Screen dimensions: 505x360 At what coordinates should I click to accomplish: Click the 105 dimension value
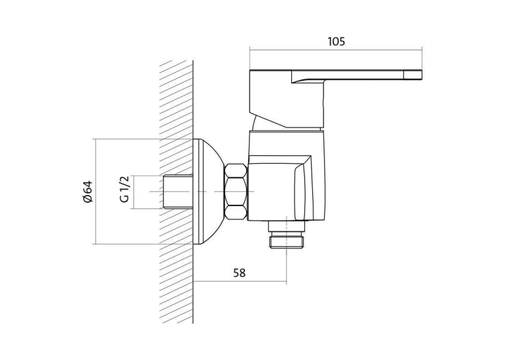pos(336,42)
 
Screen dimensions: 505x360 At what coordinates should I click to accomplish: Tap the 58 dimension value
pos(239,273)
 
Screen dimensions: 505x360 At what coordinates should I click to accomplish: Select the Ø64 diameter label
pos(87,192)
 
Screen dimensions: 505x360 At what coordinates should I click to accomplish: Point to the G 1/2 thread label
pos(124,189)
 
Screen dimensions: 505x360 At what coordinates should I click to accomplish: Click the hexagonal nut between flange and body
pos(236,192)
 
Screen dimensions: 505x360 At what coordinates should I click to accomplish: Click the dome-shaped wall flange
pos(209,192)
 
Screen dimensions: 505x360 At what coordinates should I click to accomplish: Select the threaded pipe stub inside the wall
pos(178,192)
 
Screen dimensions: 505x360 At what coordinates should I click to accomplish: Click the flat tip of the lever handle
pos(413,75)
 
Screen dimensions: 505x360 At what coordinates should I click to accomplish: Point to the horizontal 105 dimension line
pos(336,50)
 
